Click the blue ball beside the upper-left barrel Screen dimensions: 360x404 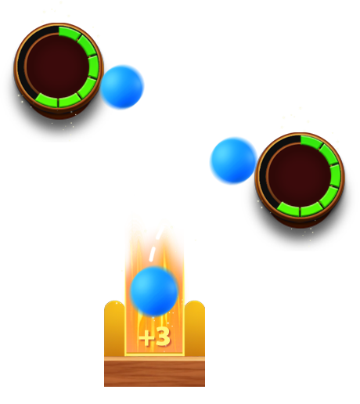tap(122, 87)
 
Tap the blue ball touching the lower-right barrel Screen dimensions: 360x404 tap(233, 161)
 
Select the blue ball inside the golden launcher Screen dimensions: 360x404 tap(154, 291)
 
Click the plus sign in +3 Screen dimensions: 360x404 tap(147, 337)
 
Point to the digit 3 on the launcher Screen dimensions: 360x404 tap(164, 337)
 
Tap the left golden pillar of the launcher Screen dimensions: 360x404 tap(114, 328)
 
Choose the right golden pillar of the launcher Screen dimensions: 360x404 tap(195, 328)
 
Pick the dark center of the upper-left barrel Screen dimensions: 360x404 tap(57, 66)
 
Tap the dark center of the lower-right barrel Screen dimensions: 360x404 tap(299, 175)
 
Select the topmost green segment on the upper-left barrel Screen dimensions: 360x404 tap(69, 33)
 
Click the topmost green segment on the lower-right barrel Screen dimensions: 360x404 tap(311, 142)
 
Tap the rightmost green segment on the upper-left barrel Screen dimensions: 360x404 tap(93, 67)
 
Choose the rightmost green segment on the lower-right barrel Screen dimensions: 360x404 tap(335, 176)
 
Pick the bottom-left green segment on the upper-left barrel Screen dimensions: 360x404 tap(46, 100)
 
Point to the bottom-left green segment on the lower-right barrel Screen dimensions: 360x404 tap(288, 209)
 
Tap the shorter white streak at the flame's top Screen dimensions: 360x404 tap(160, 233)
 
